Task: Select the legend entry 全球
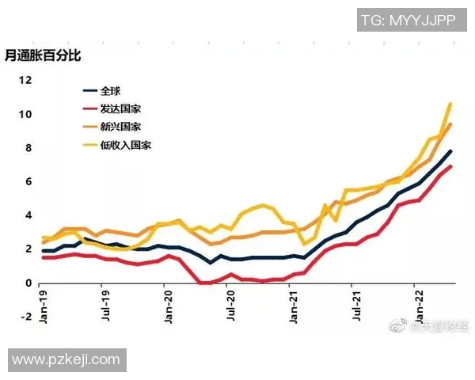point(111,91)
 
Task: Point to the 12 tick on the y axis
point(25,80)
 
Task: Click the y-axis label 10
point(25,114)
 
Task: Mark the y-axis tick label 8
point(28,148)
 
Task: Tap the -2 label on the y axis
point(26,317)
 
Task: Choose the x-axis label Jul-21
point(357,306)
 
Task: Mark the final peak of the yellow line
point(450,104)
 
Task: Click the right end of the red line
point(451,166)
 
